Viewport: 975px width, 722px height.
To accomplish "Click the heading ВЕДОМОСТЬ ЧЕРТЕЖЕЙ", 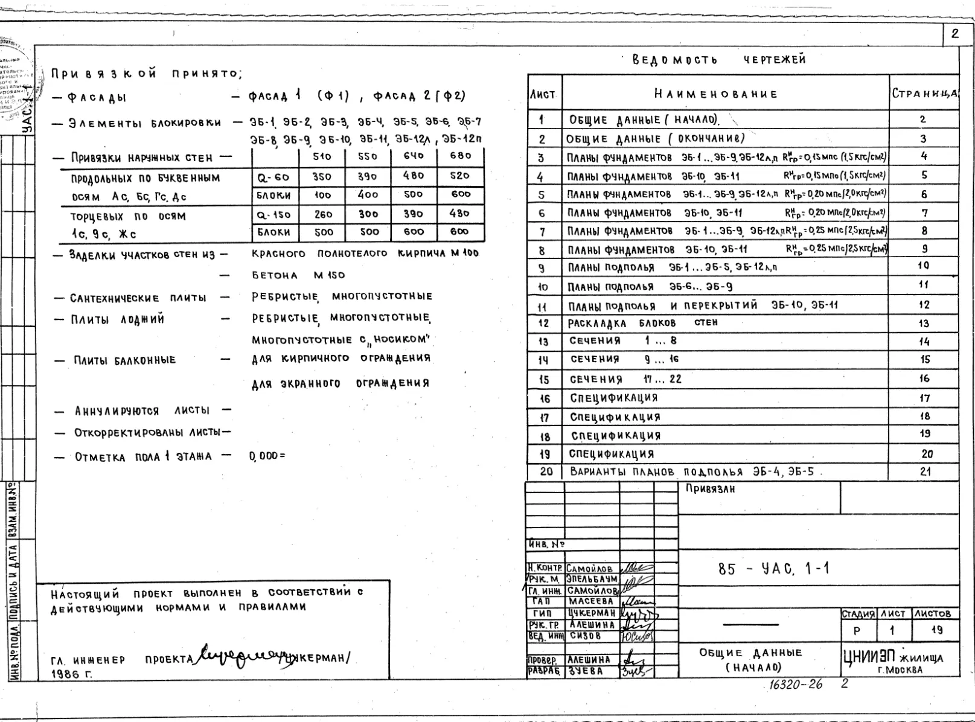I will click(x=718, y=60).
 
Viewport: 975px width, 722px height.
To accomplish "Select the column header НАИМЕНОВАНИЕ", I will click(x=716, y=94).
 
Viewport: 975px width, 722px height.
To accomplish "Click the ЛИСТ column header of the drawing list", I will click(x=543, y=95).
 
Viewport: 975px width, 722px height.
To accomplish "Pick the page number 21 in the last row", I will click(x=925, y=471).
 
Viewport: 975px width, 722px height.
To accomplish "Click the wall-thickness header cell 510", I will click(x=322, y=156).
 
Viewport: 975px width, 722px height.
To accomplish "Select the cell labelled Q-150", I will click(x=273, y=214).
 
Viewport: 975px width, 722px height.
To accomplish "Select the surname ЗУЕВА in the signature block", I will click(x=584, y=671).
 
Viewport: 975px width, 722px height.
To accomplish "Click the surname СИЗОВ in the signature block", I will click(x=585, y=636).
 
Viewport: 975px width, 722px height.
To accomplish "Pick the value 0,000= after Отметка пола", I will click(x=266, y=456).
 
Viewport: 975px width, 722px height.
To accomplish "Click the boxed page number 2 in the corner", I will click(x=954, y=34).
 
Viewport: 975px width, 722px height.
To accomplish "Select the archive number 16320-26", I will click(x=795, y=685).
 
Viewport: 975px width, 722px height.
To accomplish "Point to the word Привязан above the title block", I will click(x=710, y=489).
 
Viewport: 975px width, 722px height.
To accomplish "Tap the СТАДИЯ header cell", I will click(x=858, y=613).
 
